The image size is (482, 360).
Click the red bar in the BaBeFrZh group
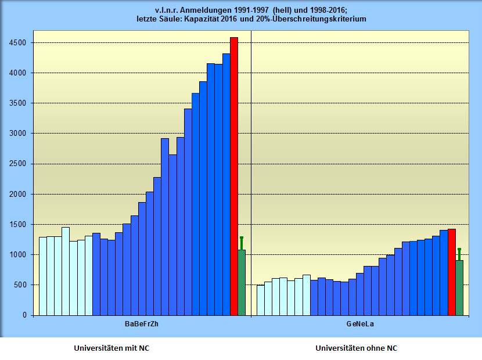[234, 174]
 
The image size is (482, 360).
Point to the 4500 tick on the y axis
[17, 42]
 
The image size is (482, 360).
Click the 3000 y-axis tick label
[17, 134]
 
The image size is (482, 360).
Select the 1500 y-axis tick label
[17, 225]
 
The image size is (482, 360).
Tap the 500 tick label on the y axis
[20, 285]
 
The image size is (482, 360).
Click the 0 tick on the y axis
[24, 315]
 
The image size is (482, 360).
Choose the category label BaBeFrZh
[142, 323]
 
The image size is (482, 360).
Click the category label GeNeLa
[360, 323]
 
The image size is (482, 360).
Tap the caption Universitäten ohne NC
[357, 348]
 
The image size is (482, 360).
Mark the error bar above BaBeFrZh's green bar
[242, 243]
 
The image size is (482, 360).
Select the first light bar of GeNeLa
[260, 300]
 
